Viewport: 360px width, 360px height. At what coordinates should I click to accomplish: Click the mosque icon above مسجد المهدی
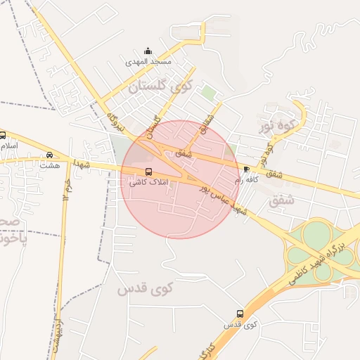point(148,51)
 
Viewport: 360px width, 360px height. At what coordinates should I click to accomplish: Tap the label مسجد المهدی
point(148,62)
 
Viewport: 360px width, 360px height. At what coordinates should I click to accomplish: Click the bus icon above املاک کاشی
point(148,172)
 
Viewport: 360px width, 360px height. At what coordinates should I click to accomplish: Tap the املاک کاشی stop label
point(147,182)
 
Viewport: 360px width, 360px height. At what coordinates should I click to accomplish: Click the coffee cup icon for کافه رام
point(246,169)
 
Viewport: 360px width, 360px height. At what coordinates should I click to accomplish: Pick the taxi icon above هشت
point(49,155)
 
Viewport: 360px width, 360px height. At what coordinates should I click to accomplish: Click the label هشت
point(50,166)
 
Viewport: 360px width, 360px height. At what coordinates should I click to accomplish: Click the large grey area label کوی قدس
point(137,288)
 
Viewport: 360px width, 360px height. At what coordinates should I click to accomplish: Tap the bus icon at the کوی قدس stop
point(240,314)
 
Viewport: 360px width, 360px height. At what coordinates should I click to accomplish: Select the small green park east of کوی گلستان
point(207,93)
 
